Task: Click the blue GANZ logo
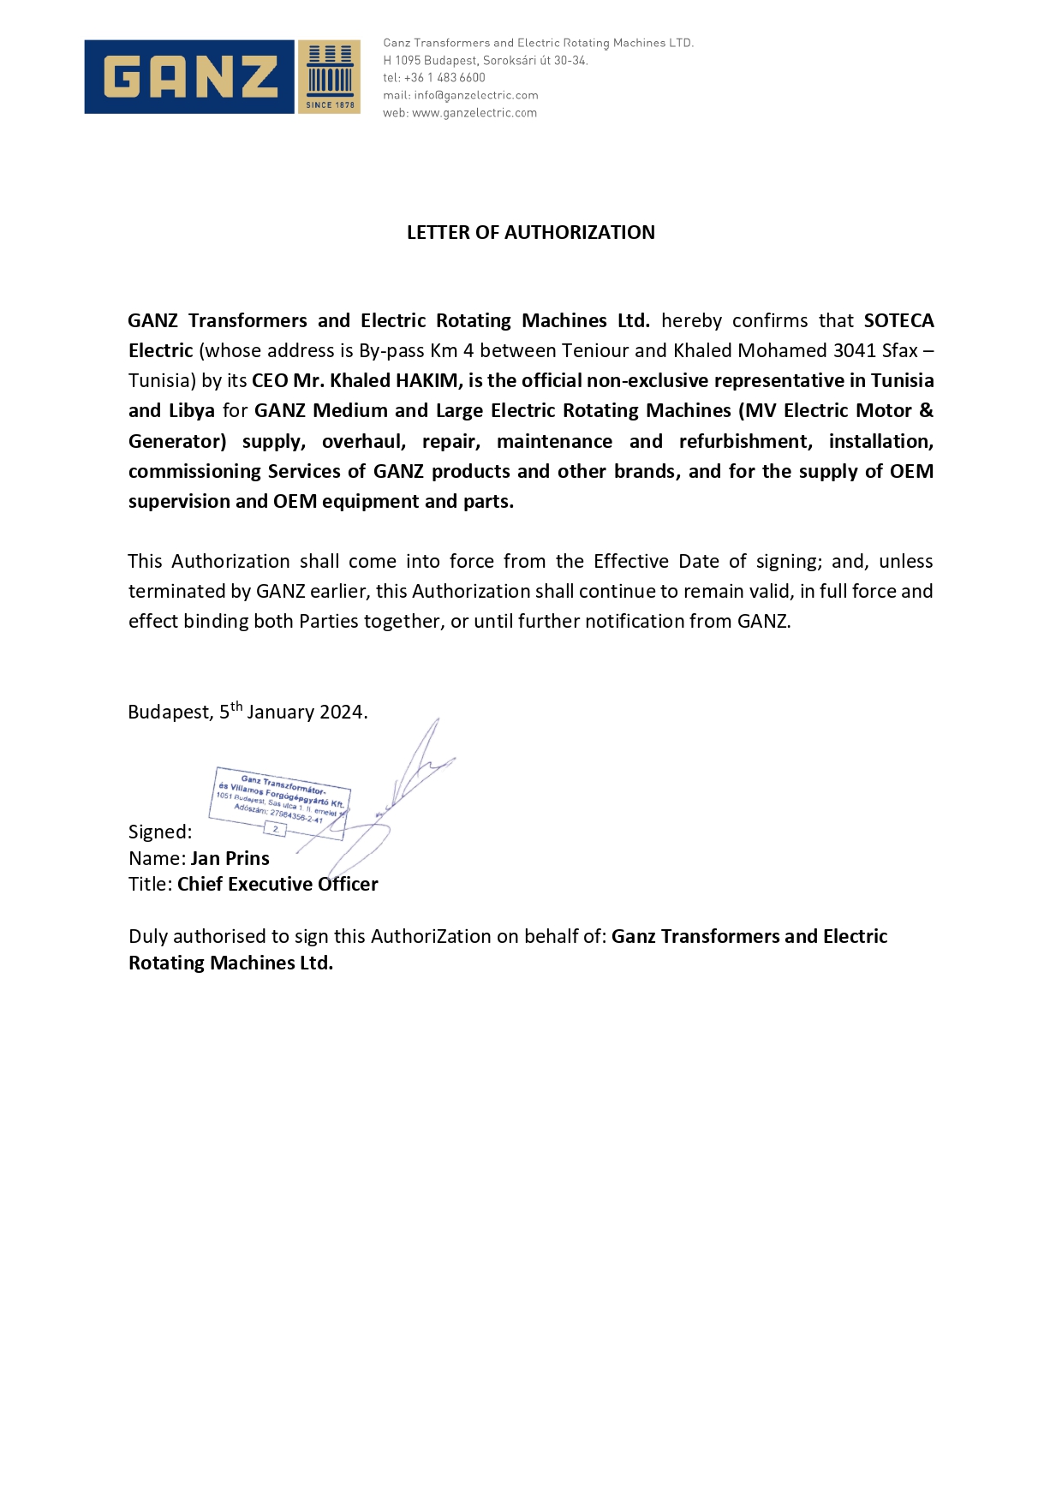pos(189,76)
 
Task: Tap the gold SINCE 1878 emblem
pos(330,77)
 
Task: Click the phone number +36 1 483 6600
pos(444,78)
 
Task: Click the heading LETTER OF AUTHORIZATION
pos(530,233)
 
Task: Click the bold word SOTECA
pos(898,321)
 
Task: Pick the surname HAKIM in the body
pos(426,381)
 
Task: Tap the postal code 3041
pos(854,351)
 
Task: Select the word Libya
pos(192,411)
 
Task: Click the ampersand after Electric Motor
pos(926,411)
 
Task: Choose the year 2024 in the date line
pos(342,713)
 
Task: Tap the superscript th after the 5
pos(236,707)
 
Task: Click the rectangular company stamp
pos(279,802)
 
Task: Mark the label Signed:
pos(160,832)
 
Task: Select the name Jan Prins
pos(230,859)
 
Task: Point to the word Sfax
pos(900,351)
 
